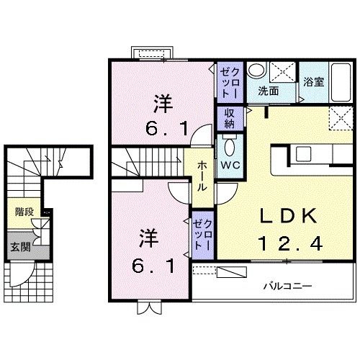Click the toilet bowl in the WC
(230, 148)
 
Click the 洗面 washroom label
(269, 91)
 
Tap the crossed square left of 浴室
(285, 73)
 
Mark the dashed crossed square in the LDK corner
(338, 117)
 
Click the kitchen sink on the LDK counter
(302, 154)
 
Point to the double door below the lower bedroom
(148, 308)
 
